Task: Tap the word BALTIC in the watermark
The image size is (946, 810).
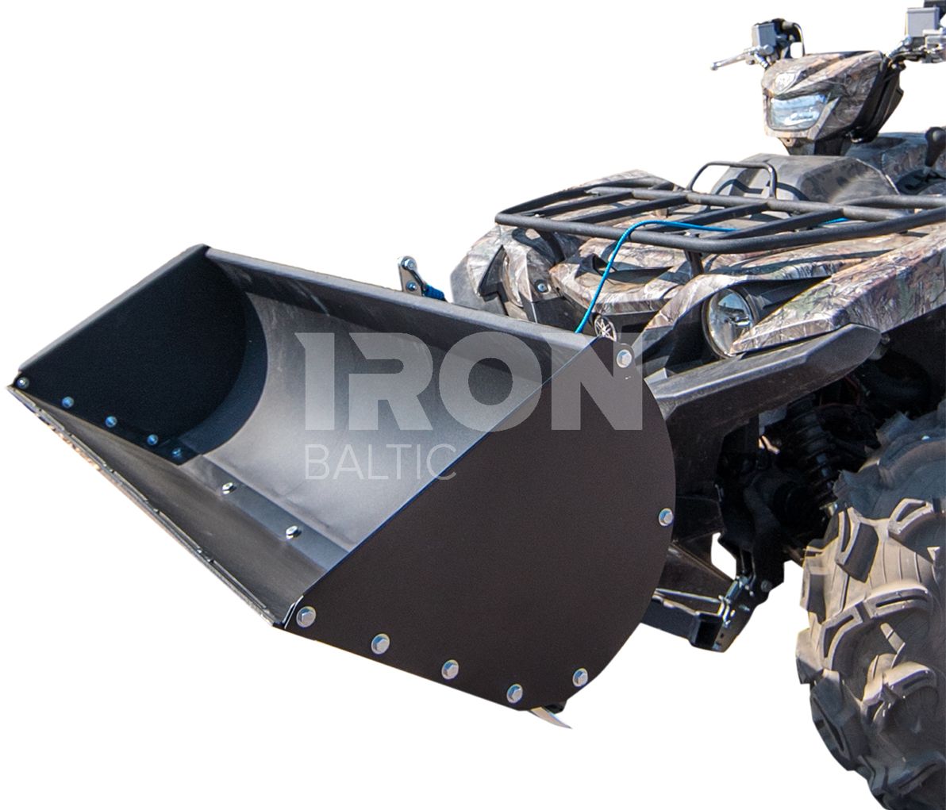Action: (381, 462)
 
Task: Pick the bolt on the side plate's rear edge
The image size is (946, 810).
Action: (666, 516)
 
